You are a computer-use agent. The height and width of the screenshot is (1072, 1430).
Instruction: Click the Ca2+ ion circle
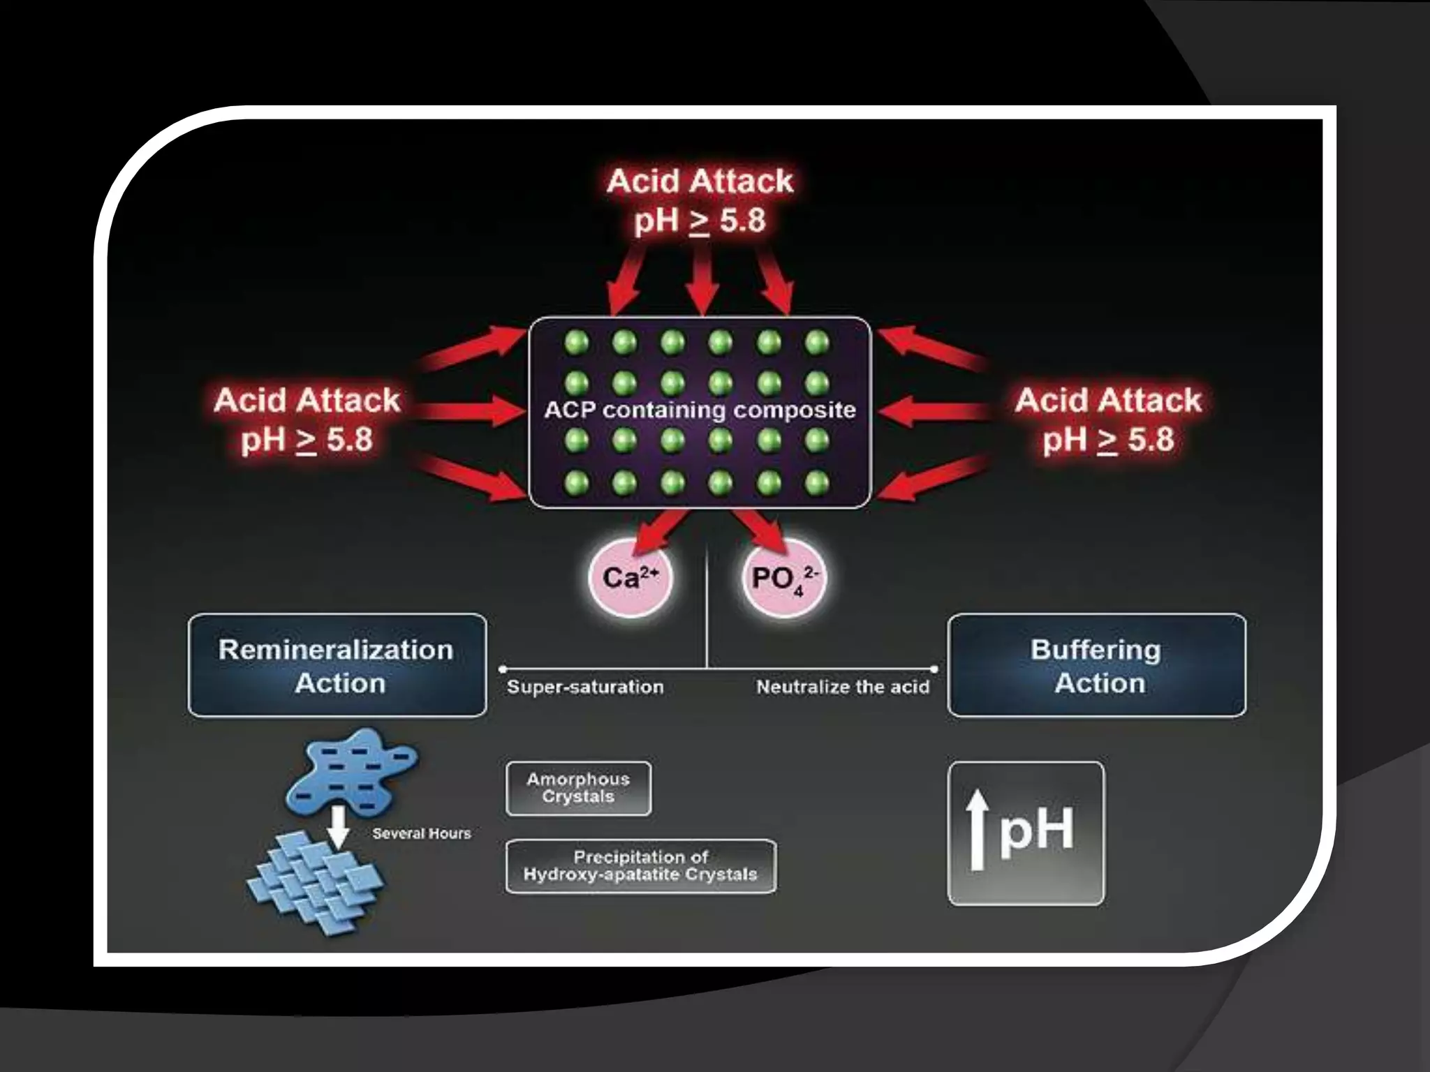630,579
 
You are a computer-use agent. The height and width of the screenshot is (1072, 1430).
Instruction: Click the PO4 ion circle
783,579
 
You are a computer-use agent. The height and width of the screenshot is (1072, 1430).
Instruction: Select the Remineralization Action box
337,665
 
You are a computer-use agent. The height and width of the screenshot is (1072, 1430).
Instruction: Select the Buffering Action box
1096,665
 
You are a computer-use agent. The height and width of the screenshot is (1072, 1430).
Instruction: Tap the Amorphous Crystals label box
578,789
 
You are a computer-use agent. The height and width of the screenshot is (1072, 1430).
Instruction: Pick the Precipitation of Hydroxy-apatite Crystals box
640,866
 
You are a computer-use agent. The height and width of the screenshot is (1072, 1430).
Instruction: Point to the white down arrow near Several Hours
339,827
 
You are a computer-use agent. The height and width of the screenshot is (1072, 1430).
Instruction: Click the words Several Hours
421,833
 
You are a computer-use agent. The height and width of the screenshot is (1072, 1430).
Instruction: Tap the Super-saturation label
585,687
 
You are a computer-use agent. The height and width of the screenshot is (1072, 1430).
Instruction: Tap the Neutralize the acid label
843,687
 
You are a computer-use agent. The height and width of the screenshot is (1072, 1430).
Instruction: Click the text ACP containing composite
700,410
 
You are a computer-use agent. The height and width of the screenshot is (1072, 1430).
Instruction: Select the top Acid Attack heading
700,181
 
